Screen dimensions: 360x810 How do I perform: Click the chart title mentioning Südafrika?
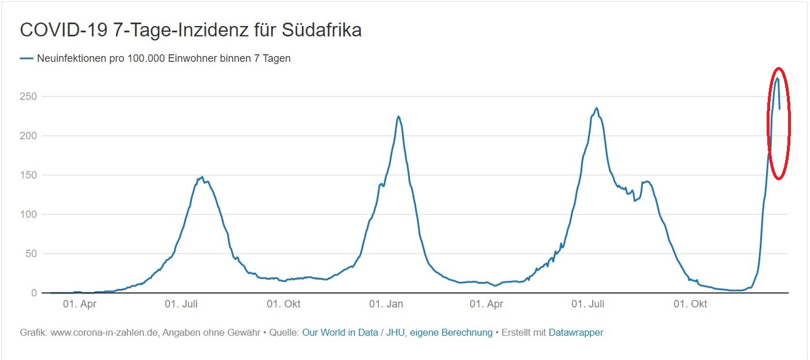tap(191, 30)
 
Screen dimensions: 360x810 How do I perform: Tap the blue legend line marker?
tap(27, 58)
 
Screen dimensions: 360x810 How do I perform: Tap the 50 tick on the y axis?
tap(31, 254)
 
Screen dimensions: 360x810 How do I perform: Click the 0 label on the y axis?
tap(34, 293)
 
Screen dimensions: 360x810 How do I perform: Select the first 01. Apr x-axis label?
tap(80, 305)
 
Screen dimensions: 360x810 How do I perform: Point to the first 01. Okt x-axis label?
tap(284, 305)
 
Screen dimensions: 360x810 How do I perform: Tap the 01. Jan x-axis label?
tap(386, 305)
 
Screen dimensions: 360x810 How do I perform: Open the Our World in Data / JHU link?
tap(397, 333)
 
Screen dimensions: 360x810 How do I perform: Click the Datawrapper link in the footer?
tap(576, 333)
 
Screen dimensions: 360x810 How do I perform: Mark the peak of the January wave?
tap(398, 116)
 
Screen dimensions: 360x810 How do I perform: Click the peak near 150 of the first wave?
tap(202, 177)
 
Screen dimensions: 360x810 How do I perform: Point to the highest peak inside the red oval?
tap(778, 79)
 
